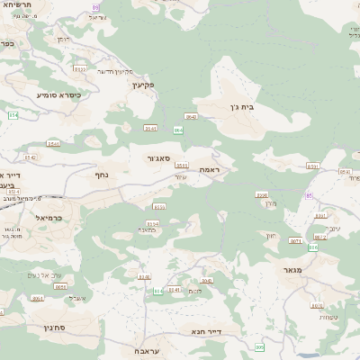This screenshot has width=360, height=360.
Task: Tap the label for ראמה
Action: tap(209, 170)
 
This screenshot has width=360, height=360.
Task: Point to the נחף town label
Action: tap(103, 175)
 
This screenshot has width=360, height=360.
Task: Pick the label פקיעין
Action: tap(142, 85)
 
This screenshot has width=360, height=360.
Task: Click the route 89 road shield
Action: tap(96, 6)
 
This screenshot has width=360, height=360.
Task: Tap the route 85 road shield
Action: tap(310, 194)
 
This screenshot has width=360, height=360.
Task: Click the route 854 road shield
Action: tap(13, 115)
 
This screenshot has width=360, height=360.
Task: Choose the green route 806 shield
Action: tap(158, 292)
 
